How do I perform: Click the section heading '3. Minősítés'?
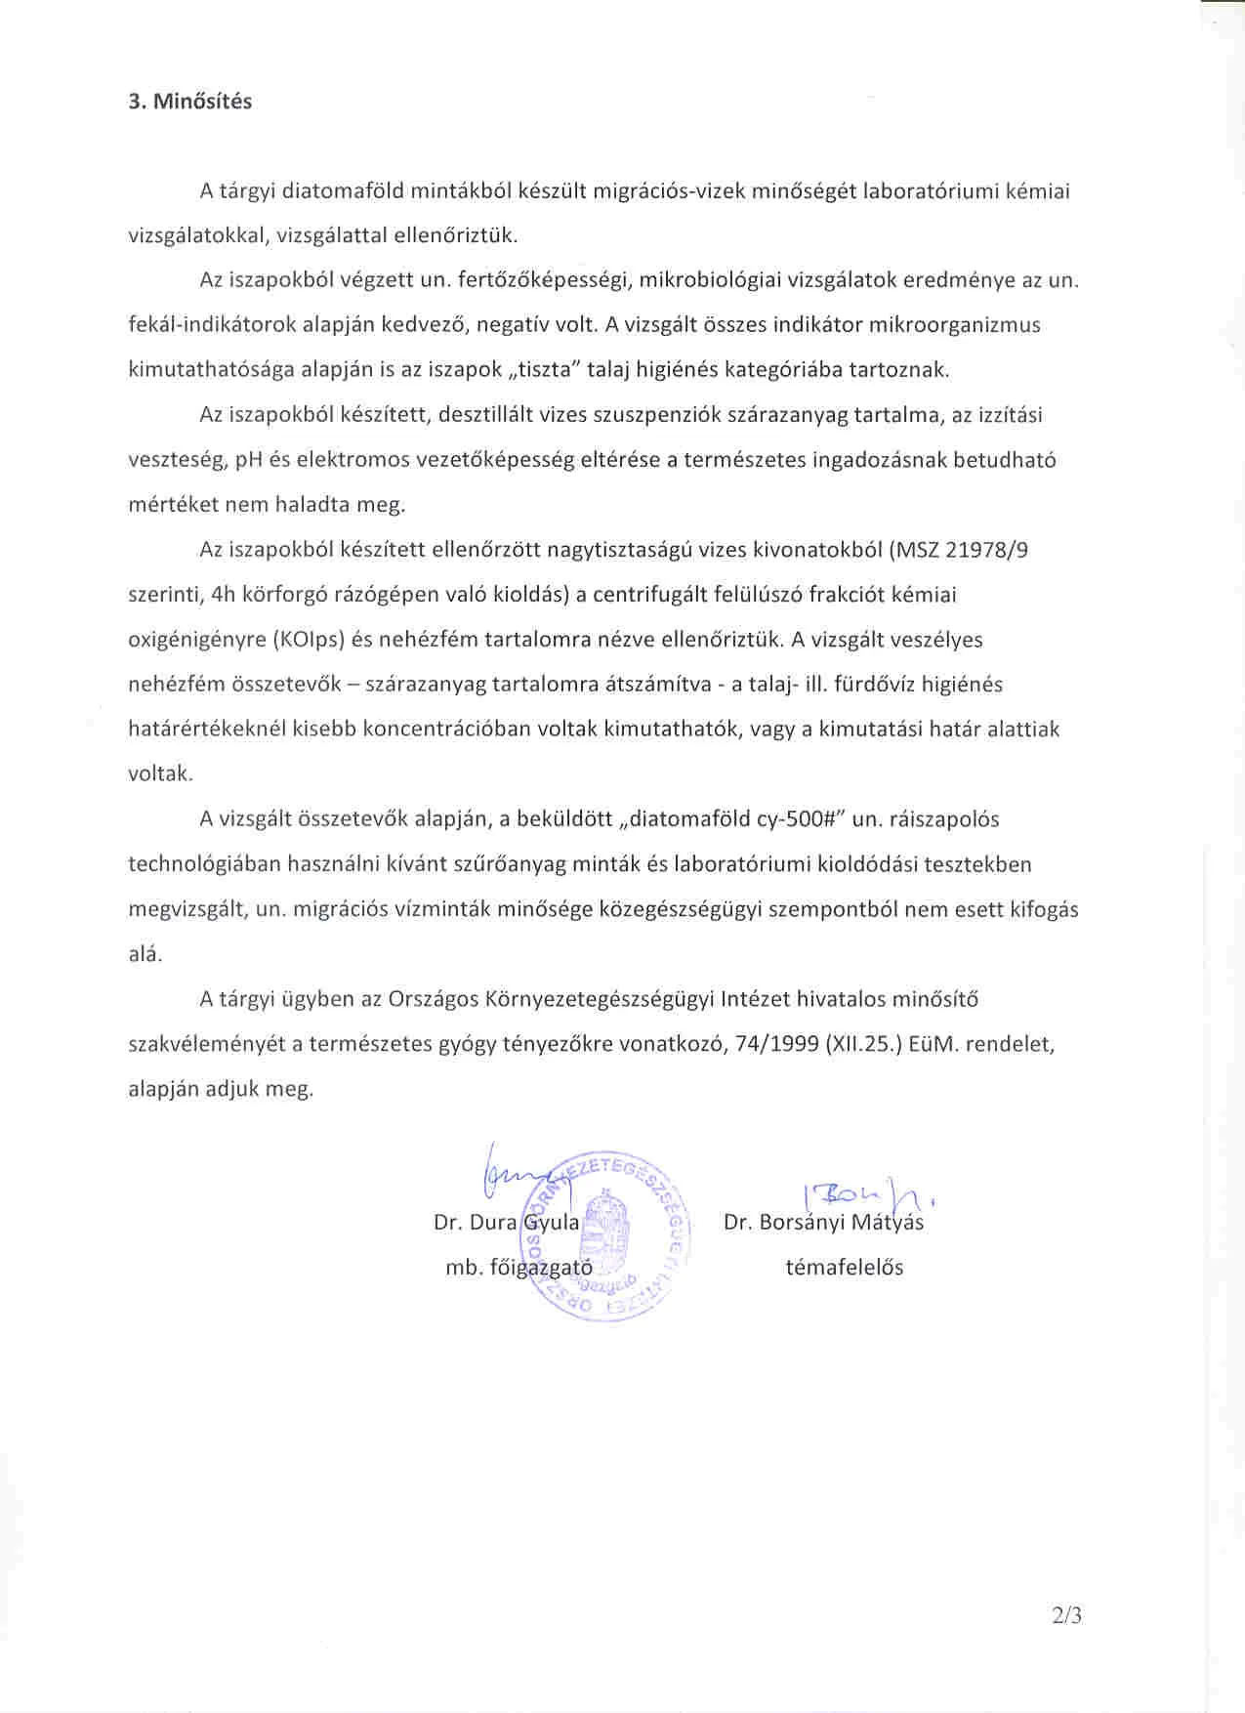coord(189,102)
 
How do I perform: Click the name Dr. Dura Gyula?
coord(506,1222)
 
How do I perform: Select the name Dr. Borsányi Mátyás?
coord(823,1222)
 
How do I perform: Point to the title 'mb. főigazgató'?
coord(519,1268)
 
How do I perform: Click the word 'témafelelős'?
coord(844,1268)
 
